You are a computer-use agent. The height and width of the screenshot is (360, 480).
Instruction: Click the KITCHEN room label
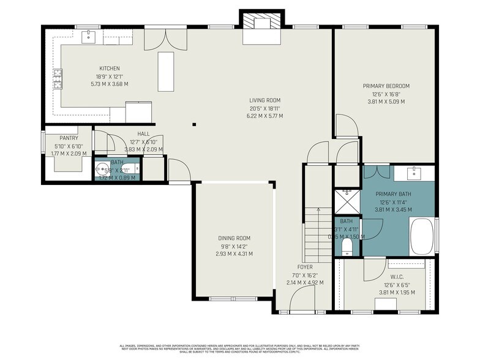[x=110, y=69]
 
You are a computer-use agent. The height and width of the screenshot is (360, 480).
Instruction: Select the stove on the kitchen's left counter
[x=59, y=79]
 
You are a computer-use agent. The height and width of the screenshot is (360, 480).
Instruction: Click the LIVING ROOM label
[x=264, y=100]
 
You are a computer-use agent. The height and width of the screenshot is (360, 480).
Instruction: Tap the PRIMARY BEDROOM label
[x=386, y=86]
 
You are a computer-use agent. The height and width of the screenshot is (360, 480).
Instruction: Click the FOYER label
[x=305, y=268]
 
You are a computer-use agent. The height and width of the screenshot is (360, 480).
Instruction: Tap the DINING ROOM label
[x=234, y=238]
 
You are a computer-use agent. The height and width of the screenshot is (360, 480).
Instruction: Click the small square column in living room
[x=194, y=125]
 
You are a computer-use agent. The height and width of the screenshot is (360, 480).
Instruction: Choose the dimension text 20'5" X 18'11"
[x=264, y=108]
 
